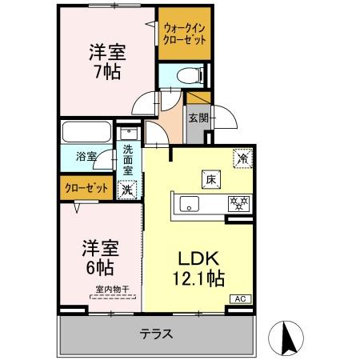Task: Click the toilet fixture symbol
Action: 189,75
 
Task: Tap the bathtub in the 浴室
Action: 86,132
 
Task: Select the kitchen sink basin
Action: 189,204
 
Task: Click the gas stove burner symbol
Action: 238,204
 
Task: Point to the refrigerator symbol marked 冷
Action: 242,158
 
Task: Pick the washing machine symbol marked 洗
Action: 127,190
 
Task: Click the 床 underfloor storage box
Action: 210,179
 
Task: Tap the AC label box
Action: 241,299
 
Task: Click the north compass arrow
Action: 287,336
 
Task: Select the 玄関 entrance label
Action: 198,118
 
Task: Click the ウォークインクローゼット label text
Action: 184,34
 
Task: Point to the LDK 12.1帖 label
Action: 198,269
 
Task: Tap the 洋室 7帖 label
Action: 107,62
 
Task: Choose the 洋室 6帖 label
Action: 100,258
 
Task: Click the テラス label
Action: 156,334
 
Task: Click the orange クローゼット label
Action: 86,188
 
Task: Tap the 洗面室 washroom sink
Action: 129,134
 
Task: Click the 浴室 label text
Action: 86,156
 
